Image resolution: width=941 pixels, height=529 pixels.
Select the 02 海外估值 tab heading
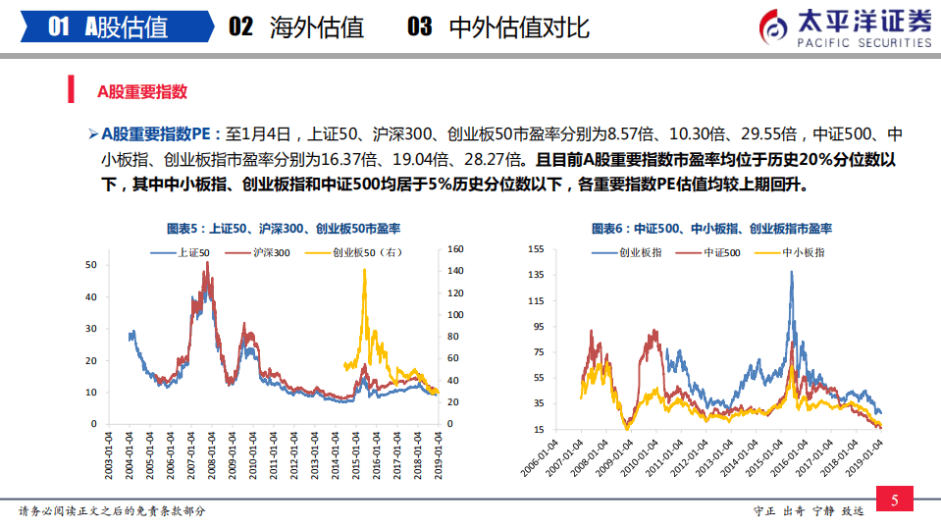coord(295,26)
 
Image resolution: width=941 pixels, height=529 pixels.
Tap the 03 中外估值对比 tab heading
coord(497,26)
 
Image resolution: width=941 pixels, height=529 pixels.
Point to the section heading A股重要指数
coord(141,92)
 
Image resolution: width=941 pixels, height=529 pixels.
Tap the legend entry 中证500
coord(720,252)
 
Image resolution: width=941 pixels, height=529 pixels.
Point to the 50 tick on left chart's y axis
coord(92,265)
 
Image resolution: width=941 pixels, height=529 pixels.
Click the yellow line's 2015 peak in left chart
coord(365,270)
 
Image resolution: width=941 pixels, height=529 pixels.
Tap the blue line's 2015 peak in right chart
coord(791,272)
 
